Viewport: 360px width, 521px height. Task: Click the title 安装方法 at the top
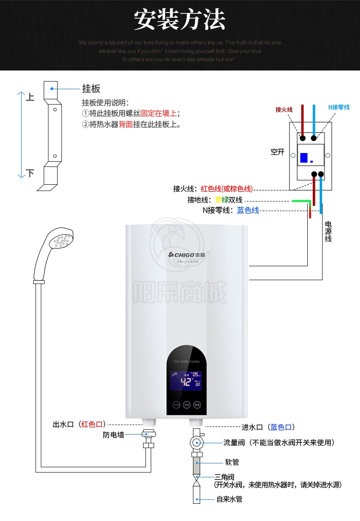click(x=180, y=20)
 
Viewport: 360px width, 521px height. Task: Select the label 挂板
click(x=91, y=89)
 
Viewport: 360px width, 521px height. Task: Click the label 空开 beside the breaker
click(x=277, y=152)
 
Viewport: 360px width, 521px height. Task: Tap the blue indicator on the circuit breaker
click(x=304, y=157)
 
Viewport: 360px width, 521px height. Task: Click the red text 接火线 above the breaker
click(x=284, y=109)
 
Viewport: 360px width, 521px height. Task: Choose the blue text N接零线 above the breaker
click(x=339, y=107)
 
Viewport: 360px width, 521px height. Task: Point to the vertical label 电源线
click(x=328, y=231)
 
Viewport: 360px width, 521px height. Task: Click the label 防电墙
click(x=113, y=435)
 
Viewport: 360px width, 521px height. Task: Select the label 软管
click(x=232, y=462)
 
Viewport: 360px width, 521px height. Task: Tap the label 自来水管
click(x=229, y=499)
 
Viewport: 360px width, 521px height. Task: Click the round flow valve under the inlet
click(x=196, y=442)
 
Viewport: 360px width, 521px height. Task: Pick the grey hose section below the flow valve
click(x=196, y=465)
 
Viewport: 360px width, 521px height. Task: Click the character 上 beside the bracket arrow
click(x=30, y=97)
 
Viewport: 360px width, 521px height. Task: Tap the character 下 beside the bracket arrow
click(x=30, y=173)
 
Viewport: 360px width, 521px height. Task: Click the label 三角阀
click(x=224, y=477)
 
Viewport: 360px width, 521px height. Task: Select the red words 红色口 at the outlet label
click(x=92, y=424)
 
